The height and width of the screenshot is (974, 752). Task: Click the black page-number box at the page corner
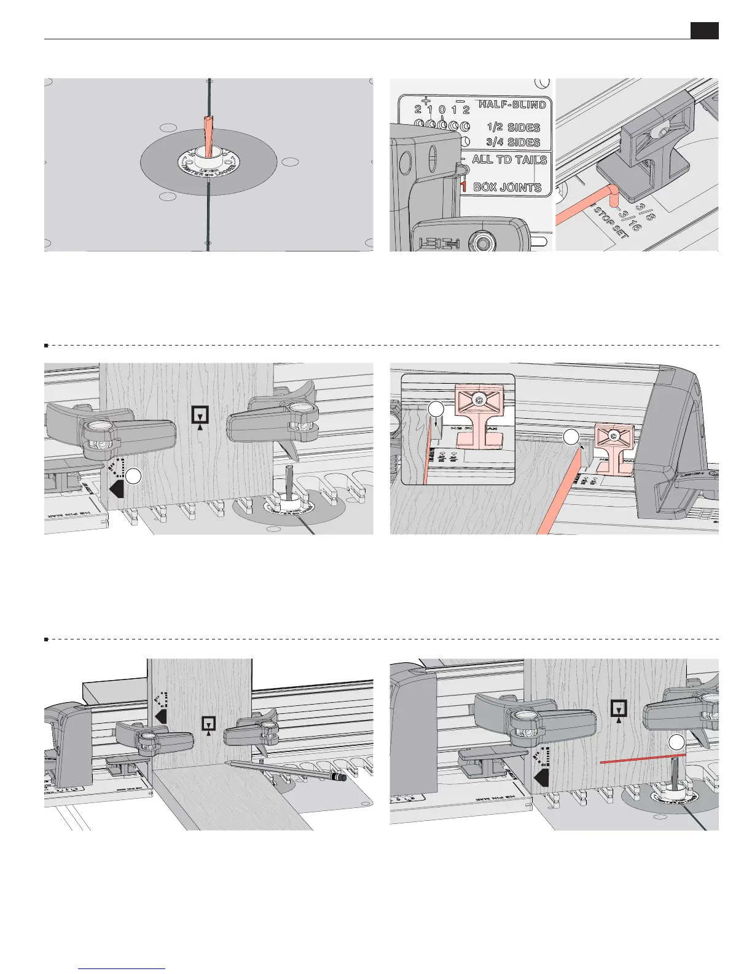pos(704,31)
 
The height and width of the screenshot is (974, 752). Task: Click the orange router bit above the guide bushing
pos(210,132)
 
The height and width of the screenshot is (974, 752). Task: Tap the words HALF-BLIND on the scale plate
pos(512,105)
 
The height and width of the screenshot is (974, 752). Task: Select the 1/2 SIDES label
pos(513,127)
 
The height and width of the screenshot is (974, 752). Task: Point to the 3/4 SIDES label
pos(513,142)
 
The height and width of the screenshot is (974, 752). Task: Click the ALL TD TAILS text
pos(509,160)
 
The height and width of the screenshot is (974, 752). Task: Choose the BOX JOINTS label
pos(507,187)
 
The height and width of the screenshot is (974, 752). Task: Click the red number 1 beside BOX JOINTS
pos(464,186)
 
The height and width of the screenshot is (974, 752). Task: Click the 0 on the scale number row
pos(442,110)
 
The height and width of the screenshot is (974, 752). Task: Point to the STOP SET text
pos(611,223)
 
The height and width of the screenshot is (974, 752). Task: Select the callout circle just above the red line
pos(676,742)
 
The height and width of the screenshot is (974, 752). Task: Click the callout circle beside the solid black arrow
pos(134,476)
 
